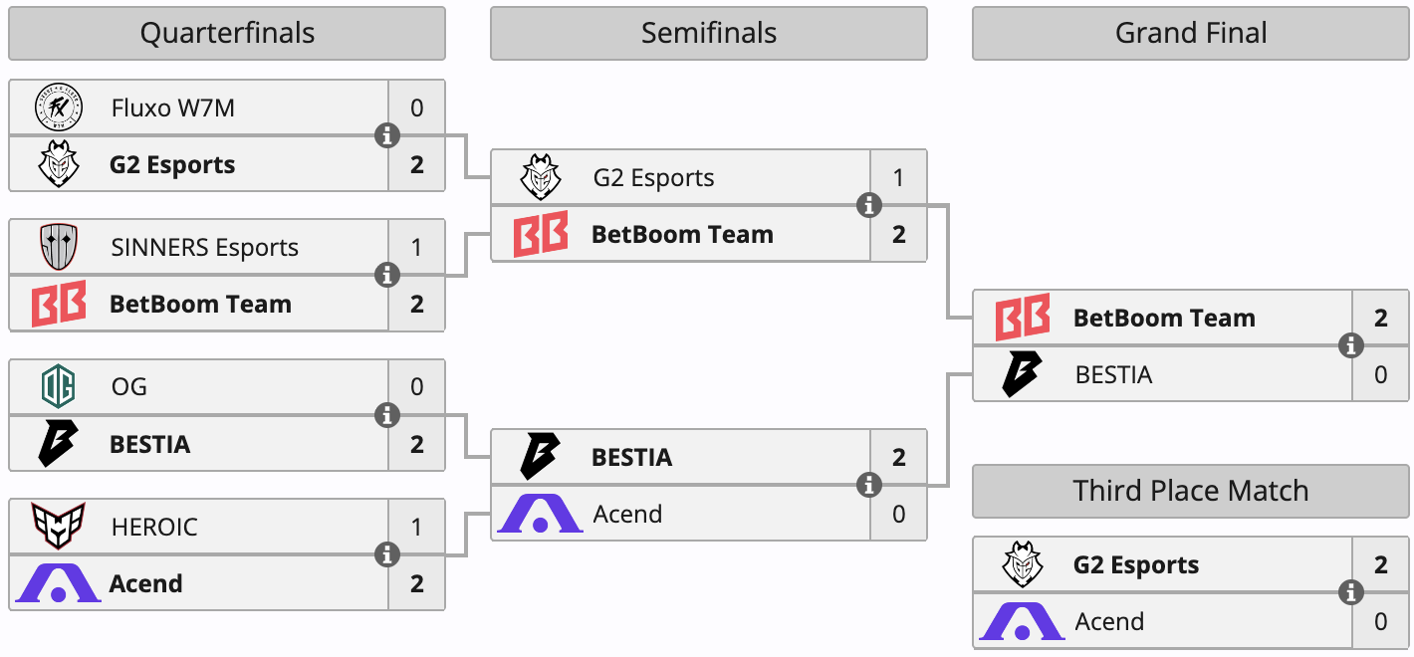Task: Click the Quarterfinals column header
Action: [227, 33]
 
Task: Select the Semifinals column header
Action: [708, 33]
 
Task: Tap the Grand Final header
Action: [1191, 33]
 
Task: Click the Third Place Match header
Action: [1191, 491]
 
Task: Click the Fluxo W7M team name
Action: [173, 108]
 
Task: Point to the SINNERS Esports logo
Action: [58, 247]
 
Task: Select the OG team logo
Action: [58, 386]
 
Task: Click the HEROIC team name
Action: [154, 526]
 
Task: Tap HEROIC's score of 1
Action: [416, 527]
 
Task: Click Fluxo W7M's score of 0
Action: [416, 108]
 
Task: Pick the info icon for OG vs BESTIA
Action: [387, 415]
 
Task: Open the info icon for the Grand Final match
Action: [1351, 346]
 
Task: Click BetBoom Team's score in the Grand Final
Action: [1380, 319]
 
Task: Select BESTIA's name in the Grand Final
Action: [1113, 375]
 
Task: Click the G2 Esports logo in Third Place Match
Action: [1022, 565]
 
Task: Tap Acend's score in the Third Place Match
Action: [1380, 622]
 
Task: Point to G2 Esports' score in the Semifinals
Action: [898, 178]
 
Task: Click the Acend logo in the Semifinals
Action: [540, 514]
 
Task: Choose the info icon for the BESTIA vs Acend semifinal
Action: [869, 485]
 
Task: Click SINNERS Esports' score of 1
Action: [416, 248]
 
